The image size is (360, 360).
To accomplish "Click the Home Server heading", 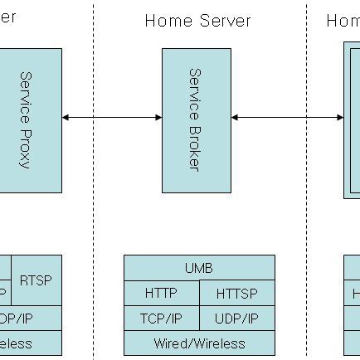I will (x=197, y=21).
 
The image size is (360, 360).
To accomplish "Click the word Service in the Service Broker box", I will (x=195, y=90).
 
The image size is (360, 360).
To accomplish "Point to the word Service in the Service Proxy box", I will (x=26, y=94).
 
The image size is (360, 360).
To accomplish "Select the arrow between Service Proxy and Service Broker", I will (x=111, y=118).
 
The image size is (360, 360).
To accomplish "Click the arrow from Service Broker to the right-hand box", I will (x=287, y=118).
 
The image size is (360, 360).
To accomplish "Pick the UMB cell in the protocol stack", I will (x=198, y=268).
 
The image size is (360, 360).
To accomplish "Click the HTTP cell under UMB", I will (x=161, y=293).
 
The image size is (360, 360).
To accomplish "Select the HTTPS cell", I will (x=236, y=293).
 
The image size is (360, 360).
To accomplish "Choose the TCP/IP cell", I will (x=161, y=318).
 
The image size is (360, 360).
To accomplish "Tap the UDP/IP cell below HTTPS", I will (x=236, y=318).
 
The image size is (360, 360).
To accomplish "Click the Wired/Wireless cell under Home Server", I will (x=198, y=343).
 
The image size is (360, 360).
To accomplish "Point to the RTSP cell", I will (x=36, y=280).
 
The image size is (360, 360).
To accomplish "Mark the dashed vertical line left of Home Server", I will (x=93, y=166).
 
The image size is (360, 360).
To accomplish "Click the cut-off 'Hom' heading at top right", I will (x=343, y=21).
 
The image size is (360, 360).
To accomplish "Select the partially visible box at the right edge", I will (x=353, y=119).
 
